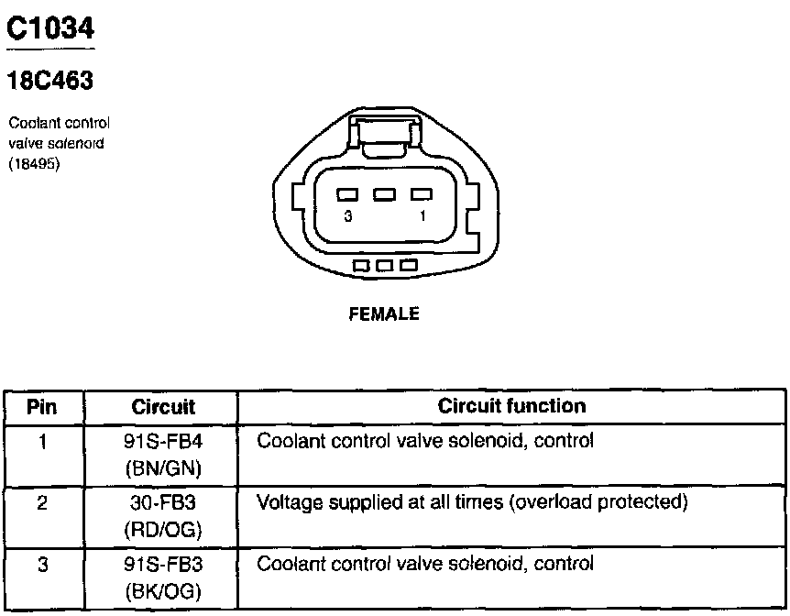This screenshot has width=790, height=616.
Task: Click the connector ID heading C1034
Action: point(50,30)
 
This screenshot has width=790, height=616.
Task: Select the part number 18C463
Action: point(50,82)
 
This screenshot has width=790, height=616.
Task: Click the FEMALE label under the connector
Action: point(385,314)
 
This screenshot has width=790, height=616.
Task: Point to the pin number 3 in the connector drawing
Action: point(347,215)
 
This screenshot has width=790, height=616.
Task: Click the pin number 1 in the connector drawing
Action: point(422,215)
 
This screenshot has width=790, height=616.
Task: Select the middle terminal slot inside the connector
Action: point(385,194)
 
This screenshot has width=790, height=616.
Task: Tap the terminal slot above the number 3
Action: point(347,194)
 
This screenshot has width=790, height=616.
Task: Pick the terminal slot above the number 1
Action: point(422,194)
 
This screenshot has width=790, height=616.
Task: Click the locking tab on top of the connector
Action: point(385,140)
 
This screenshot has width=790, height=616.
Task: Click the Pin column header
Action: point(42,405)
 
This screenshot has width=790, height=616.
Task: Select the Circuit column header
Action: point(163,405)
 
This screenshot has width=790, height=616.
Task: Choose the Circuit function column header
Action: point(511,405)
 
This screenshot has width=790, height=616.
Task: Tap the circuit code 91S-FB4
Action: point(163,442)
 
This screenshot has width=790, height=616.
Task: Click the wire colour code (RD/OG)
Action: point(163,530)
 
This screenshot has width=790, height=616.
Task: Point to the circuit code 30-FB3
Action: point(163,503)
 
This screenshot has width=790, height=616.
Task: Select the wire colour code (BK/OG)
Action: point(163,591)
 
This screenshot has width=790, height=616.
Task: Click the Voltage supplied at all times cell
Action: point(472,502)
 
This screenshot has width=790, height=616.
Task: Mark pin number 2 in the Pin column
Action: point(42,503)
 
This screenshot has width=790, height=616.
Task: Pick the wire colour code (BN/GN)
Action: point(163,468)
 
